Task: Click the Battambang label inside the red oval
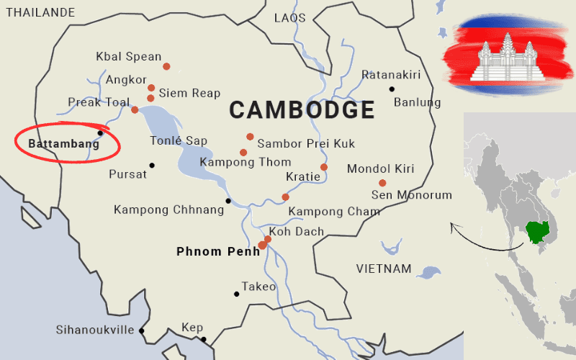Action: coord(63,144)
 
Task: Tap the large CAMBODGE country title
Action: coord(302,110)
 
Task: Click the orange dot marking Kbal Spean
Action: coord(166,66)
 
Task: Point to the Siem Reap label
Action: coord(189,94)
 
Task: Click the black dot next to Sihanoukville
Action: coord(142,330)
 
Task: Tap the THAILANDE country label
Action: coord(40,12)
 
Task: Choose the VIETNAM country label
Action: coord(384,269)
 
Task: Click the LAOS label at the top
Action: coord(289,18)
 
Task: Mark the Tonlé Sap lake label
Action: coord(178,140)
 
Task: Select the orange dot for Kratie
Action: coord(324,167)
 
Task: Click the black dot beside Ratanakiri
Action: coord(392,89)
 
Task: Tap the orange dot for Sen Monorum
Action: coord(382,183)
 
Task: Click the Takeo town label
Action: coord(258,287)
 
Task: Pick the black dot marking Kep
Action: coord(204,339)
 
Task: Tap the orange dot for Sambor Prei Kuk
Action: coord(250,137)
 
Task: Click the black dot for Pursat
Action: coord(152,165)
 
